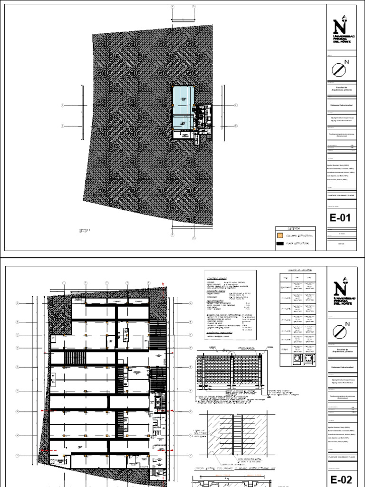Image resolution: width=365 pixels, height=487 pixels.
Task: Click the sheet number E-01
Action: coord(340,218)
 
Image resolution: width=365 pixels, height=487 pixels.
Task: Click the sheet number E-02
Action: coord(340,477)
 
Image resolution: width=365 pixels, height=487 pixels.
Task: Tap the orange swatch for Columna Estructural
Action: coord(280,235)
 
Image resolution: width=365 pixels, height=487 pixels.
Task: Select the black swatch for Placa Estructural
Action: coord(280,243)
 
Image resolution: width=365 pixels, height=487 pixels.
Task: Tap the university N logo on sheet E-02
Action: coord(340,288)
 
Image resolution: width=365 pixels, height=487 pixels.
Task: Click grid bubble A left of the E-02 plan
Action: coord(18,303)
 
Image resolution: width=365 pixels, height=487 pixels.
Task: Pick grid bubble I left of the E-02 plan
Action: coord(18,456)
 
